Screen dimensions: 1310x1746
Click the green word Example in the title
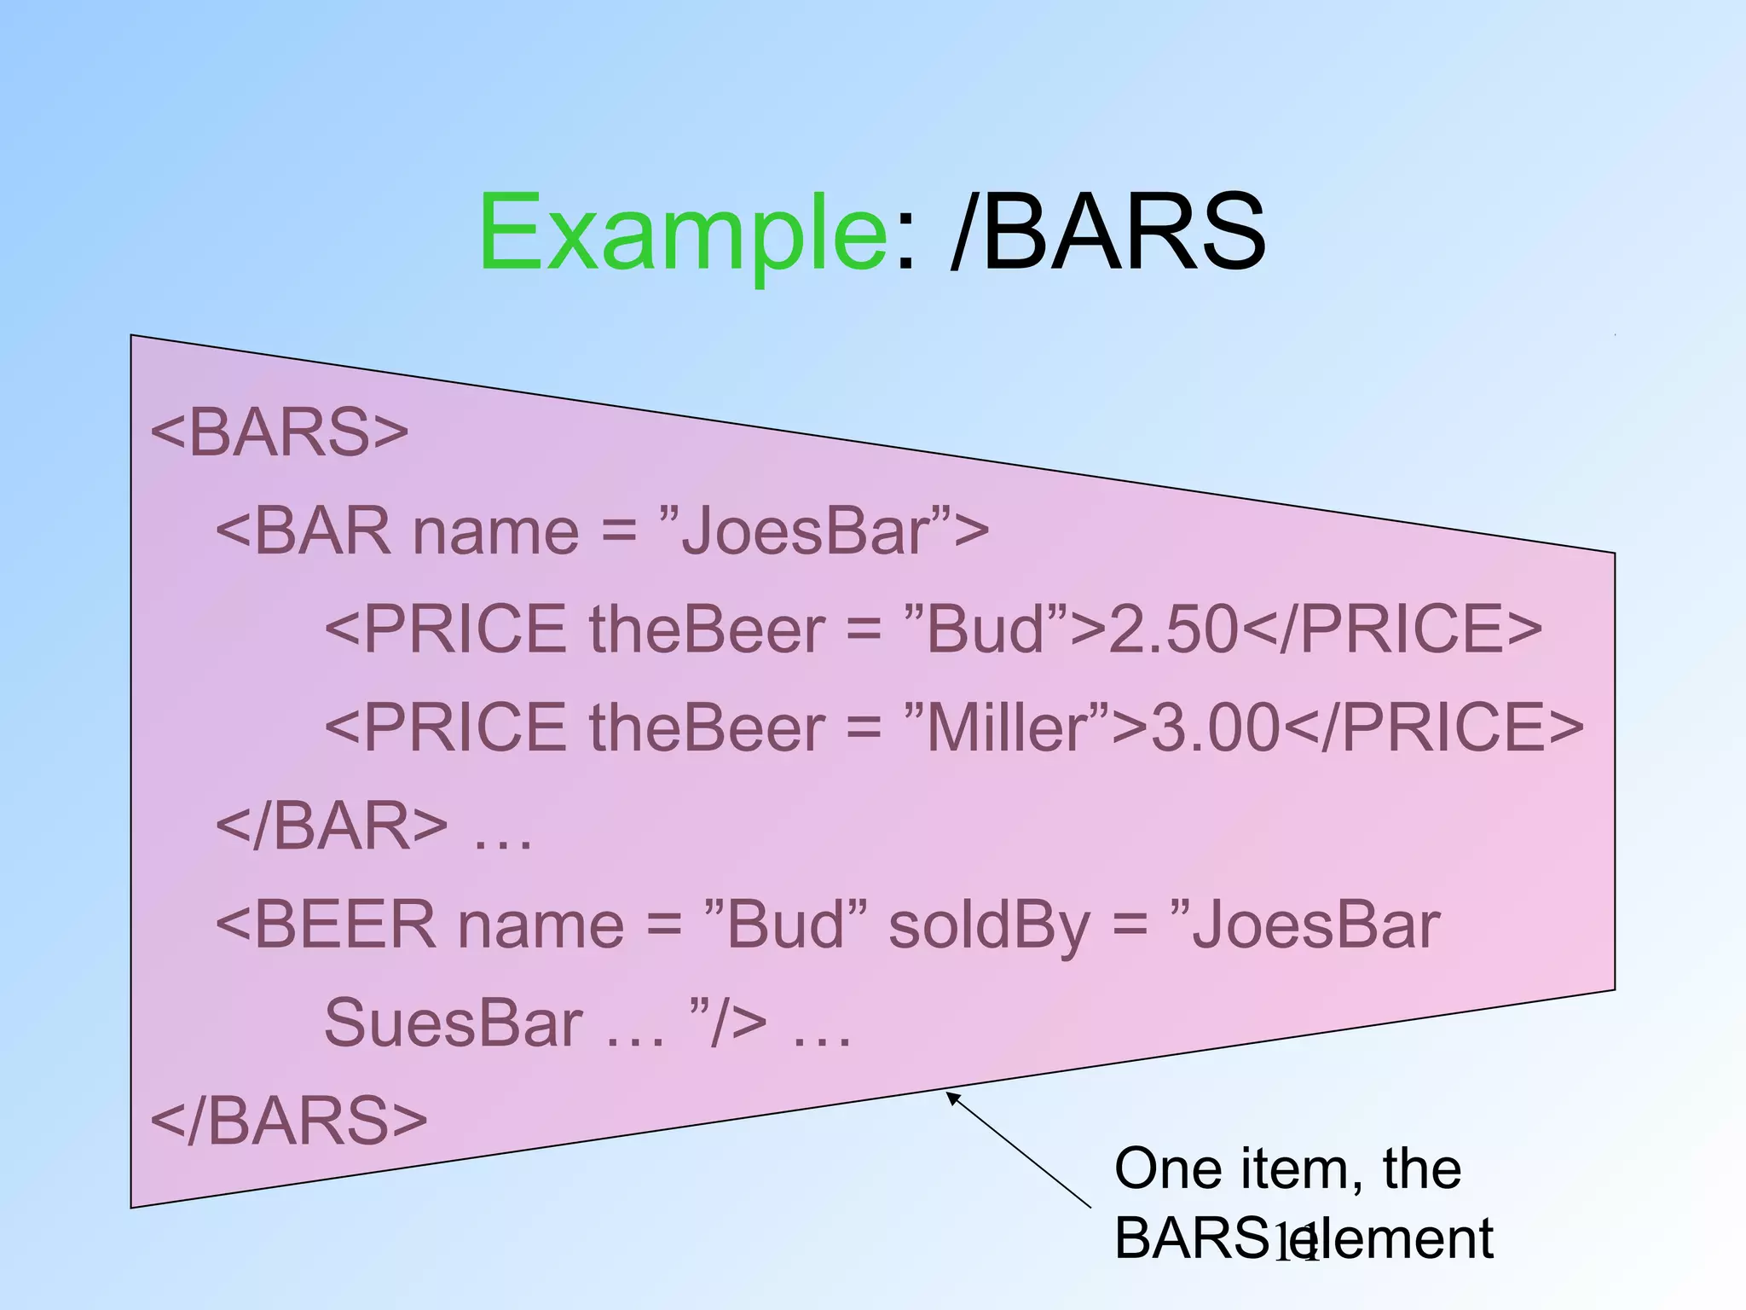[683, 232]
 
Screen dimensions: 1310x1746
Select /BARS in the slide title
[1107, 232]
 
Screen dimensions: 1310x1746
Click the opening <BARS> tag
[280, 432]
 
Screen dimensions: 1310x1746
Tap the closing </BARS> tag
[289, 1120]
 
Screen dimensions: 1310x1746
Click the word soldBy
[989, 925]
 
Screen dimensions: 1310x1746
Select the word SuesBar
[454, 1023]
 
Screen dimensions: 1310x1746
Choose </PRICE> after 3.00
[1432, 727]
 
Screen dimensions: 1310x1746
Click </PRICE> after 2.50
[1391, 629]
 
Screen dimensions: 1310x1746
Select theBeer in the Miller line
[707, 727]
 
